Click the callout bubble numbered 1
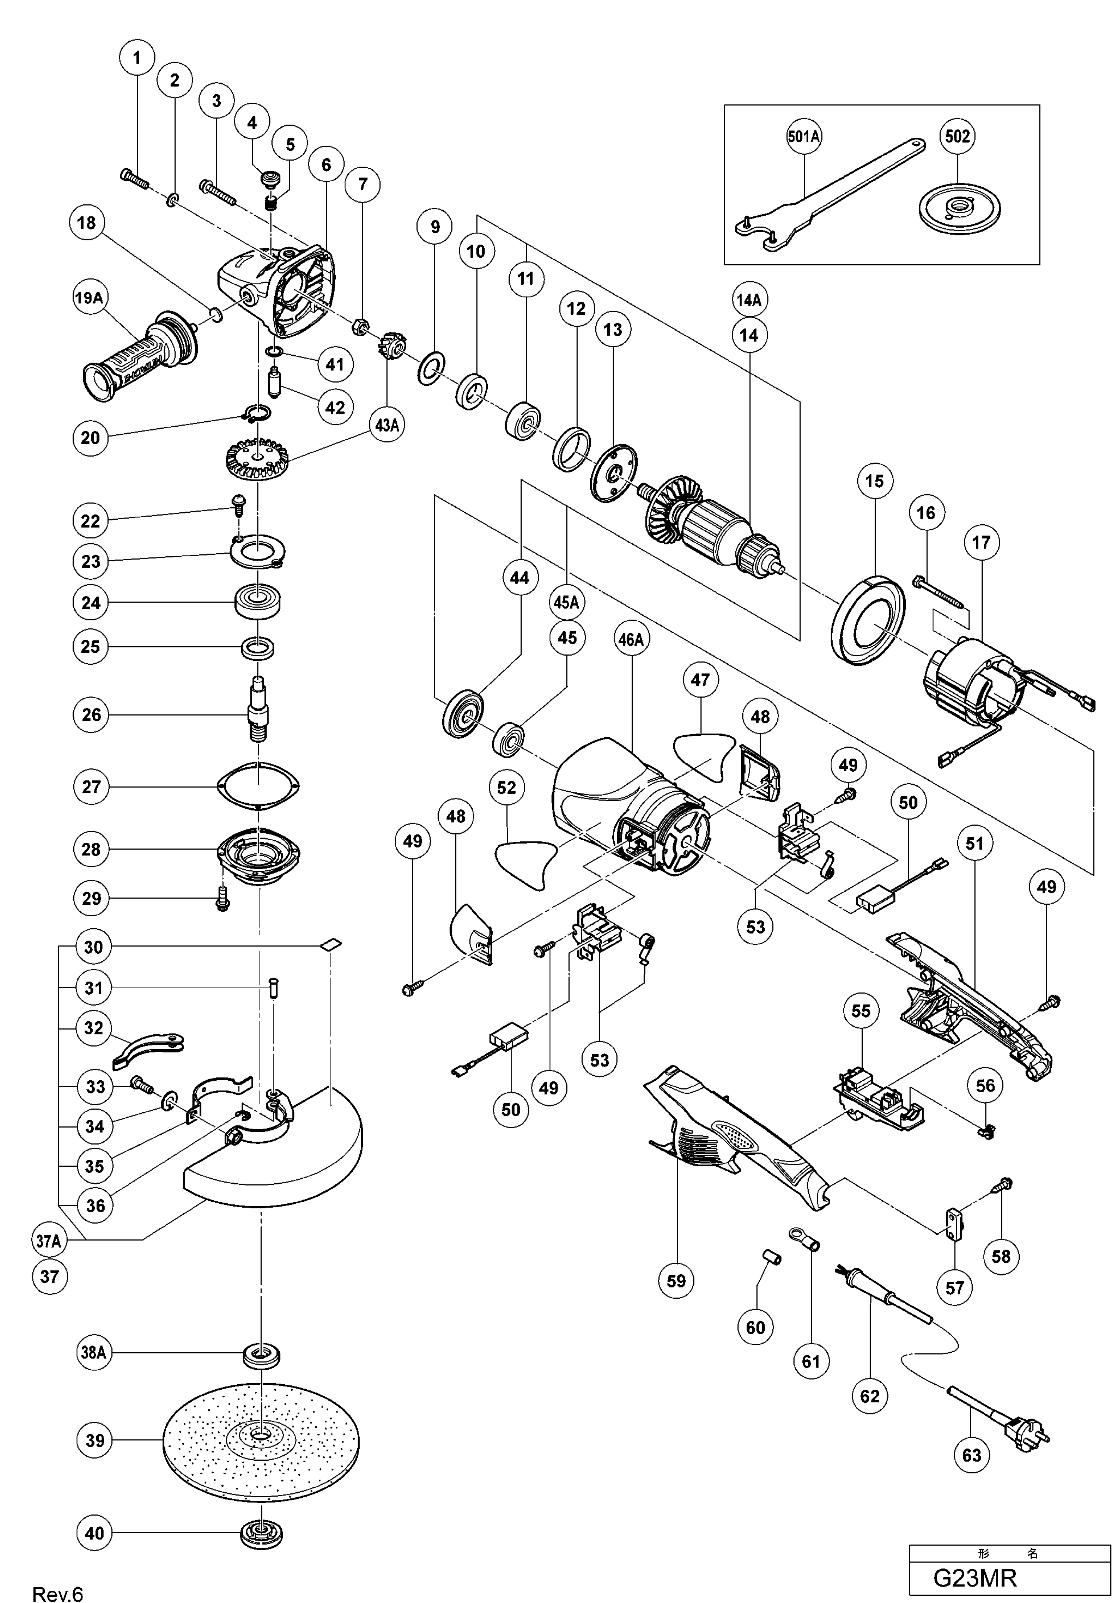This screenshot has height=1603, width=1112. click(137, 57)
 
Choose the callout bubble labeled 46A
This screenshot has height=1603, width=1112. click(631, 639)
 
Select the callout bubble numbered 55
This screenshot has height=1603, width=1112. click(861, 1011)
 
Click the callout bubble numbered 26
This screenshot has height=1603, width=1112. click(91, 714)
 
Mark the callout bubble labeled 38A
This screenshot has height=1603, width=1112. click(93, 1353)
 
